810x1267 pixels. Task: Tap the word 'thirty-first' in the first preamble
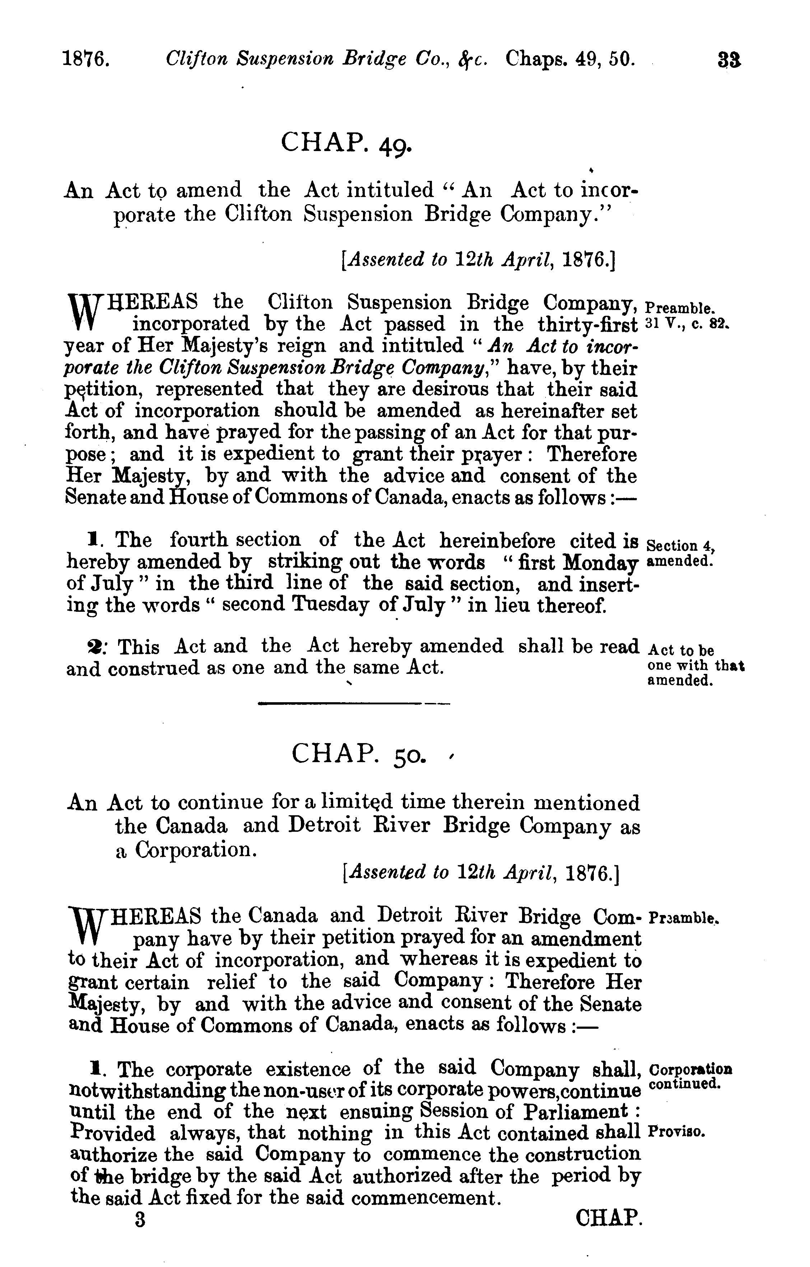pyautogui.click(x=587, y=324)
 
